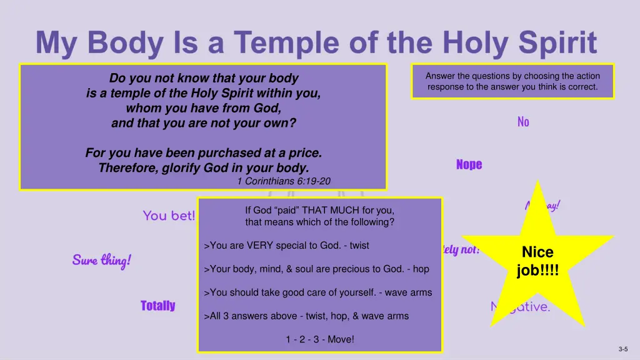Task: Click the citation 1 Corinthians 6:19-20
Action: tap(284, 181)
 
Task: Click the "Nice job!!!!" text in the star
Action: tap(537, 261)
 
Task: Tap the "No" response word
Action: tap(523, 122)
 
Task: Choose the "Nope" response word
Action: tap(469, 164)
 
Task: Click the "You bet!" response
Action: tap(169, 216)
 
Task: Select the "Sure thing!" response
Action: tap(101, 259)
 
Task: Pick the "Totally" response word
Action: tap(157, 306)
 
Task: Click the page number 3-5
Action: tap(623, 349)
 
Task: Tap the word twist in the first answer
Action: tap(359, 246)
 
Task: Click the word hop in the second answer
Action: tap(421, 269)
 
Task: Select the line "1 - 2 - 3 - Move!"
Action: tap(320, 339)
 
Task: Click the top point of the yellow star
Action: tap(537, 182)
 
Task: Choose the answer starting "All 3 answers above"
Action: tap(306, 316)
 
